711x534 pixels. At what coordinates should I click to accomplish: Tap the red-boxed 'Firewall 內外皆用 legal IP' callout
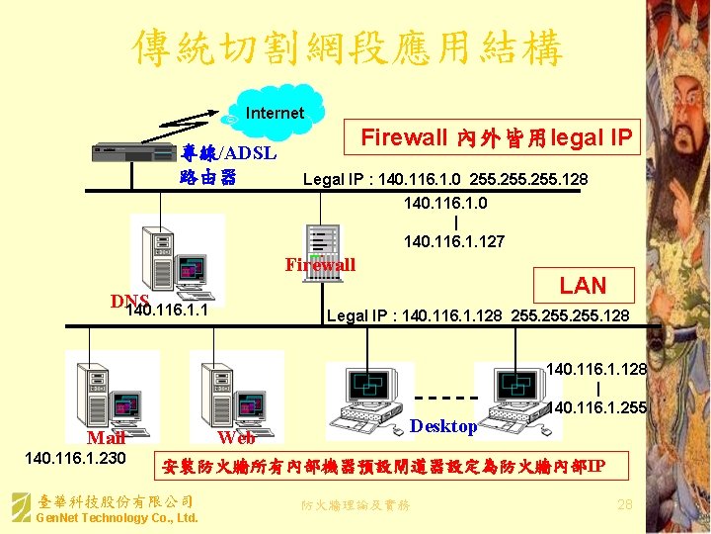pyautogui.click(x=495, y=138)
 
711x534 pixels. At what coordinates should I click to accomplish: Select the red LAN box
pyautogui.click(x=583, y=286)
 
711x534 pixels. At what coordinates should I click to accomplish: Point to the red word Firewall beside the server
pyautogui.click(x=320, y=265)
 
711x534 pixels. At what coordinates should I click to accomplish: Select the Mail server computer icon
pyautogui.click(x=105, y=392)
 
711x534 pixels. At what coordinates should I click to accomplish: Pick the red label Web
pyautogui.click(x=236, y=438)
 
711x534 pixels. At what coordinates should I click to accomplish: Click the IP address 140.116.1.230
pyautogui.click(x=75, y=458)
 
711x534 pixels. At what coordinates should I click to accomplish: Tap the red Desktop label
pyautogui.click(x=443, y=426)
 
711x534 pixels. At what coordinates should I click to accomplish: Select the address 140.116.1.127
pyautogui.click(x=454, y=241)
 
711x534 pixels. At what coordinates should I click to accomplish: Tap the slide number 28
pyautogui.click(x=623, y=505)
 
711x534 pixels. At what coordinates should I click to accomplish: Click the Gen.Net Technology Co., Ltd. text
pyautogui.click(x=117, y=518)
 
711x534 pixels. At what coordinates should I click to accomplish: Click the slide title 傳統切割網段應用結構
pyautogui.click(x=348, y=46)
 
